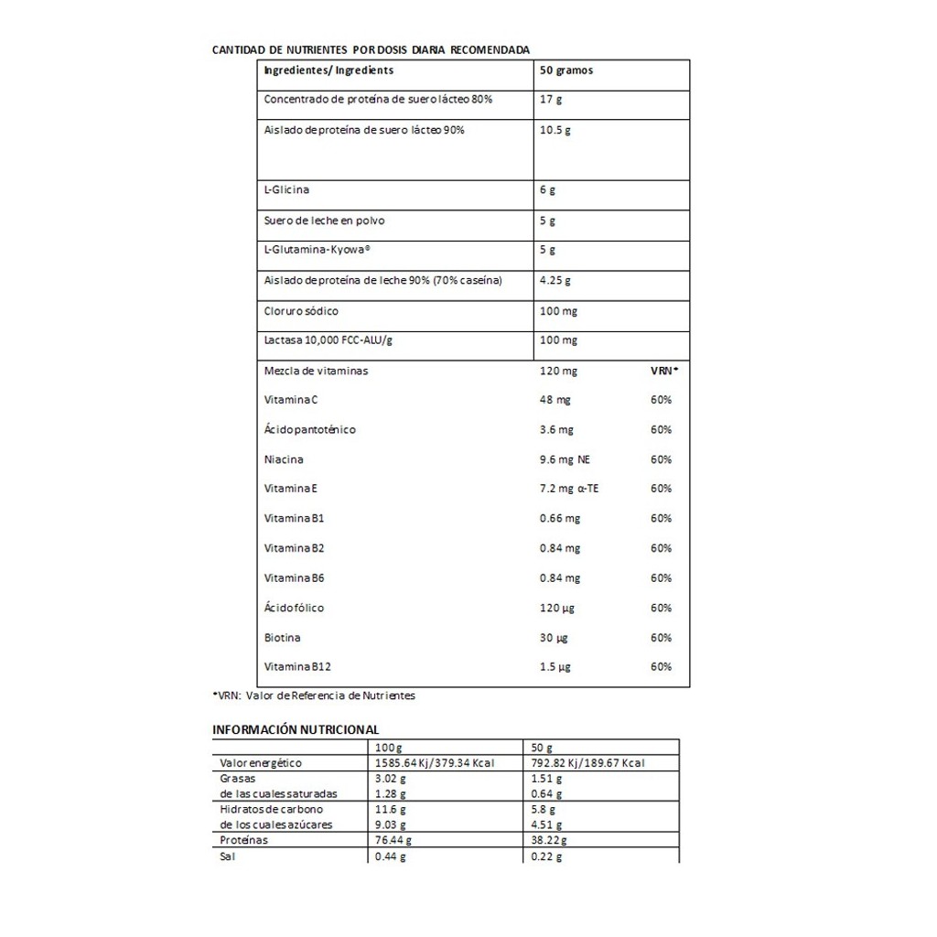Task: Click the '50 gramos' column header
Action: click(x=566, y=70)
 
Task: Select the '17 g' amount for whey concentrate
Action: click(x=551, y=99)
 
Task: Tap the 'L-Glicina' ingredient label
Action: click(x=286, y=190)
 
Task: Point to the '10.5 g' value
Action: click(x=555, y=130)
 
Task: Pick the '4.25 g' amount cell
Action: click(x=555, y=281)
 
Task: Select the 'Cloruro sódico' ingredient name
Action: click(x=301, y=311)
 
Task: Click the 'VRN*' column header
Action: click(x=664, y=371)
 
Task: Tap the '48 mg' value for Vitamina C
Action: click(x=555, y=400)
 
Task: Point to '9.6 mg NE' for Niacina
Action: click(x=565, y=459)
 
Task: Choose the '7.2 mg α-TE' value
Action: click(x=569, y=489)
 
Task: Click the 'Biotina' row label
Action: click(x=282, y=638)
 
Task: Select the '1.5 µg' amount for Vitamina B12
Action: click(x=555, y=667)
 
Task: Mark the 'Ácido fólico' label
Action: click(x=294, y=608)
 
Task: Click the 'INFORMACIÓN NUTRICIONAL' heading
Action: click(x=296, y=729)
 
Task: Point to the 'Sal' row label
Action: click(x=228, y=856)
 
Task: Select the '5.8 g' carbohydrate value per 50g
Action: click(x=544, y=809)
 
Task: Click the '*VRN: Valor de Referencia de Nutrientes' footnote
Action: click(x=314, y=695)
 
